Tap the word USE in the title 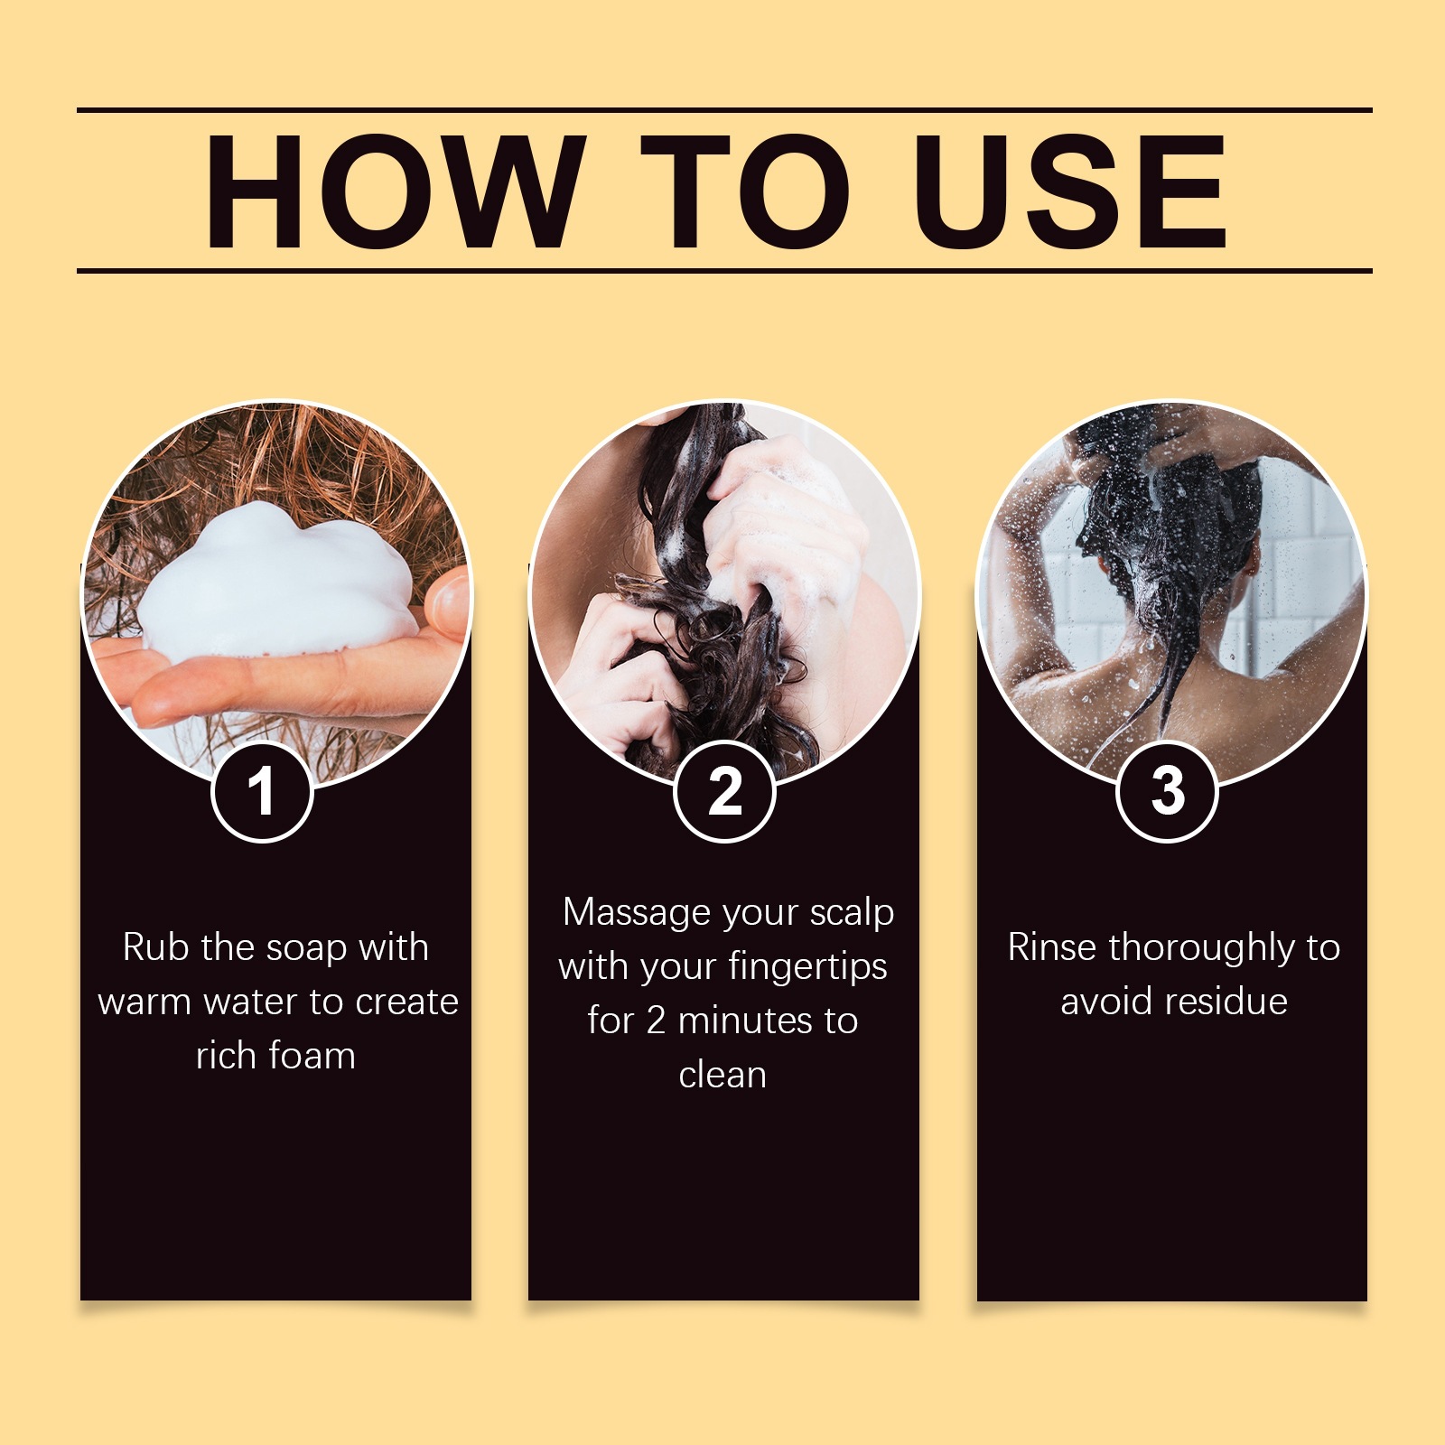[1070, 191]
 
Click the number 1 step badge [262, 792]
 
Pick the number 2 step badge [724, 792]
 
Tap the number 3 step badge [1168, 792]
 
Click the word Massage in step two [635, 914]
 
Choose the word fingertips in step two [807, 968]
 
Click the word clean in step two [722, 1075]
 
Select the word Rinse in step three [1053, 948]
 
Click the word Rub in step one [156, 948]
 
